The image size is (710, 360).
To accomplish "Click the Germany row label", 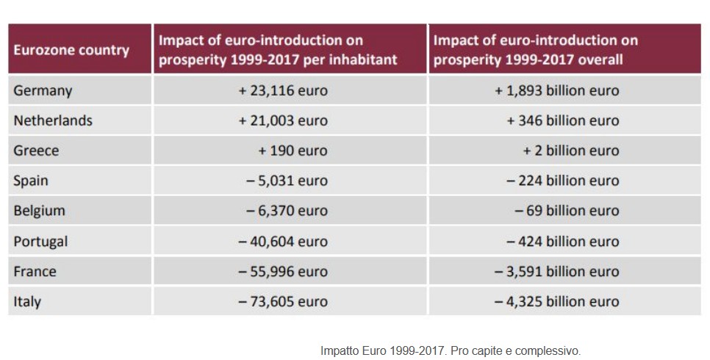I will pyautogui.click(x=43, y=91).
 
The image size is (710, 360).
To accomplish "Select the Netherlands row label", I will pyautogui.click(x=53, y=120).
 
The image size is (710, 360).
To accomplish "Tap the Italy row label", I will pyautogui.click(x=27, y=301).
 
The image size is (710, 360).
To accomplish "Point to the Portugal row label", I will pyautogui.click(x=40, y=241).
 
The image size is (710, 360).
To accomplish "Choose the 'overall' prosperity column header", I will pyautogui.click(x=535, y=50).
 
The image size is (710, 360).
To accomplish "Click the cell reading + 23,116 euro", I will pyautogui.click(x=283, y=91).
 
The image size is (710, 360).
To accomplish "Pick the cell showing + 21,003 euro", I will pyautogui.click(x=283, y=120).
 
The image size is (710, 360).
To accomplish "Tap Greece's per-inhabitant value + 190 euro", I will pyautogui.click(x=293, y=151).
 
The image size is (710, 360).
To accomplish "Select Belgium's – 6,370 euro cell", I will pyautogui.click(x=287, y=211).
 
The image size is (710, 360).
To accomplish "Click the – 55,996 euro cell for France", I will pyautogui.click(x=283, y=271).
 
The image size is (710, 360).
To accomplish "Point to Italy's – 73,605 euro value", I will pyautogui.click(x=283, y=301).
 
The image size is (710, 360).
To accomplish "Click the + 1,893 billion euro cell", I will pyautogui.click(x=556, y=91).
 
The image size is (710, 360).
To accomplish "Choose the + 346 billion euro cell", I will pyautogui.click(x=562, y=120).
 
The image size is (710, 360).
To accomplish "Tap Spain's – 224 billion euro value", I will pyautogui.click(x=562, y=181).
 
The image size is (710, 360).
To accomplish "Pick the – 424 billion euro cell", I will pyautogui.click(x=562, y=241).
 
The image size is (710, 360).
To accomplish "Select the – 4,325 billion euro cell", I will pyautogui.click(x=556, y=301).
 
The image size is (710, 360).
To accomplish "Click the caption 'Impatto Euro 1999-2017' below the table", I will pyautogui.click(x=450, y=350).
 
